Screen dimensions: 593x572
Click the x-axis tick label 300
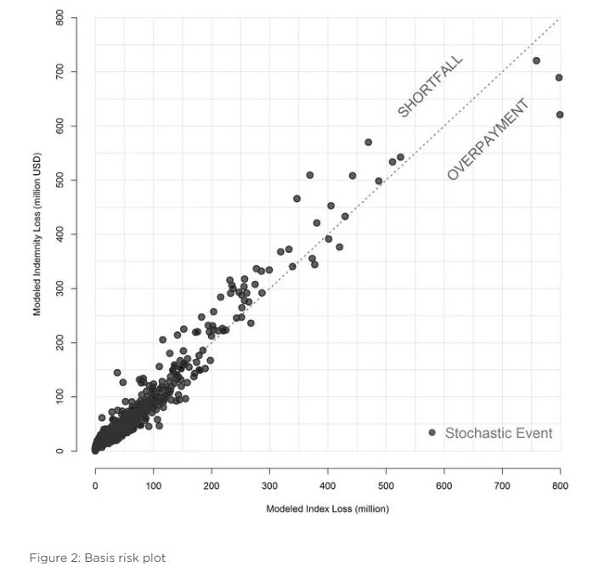(269, 485)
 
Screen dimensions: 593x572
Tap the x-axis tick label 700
(502, 485)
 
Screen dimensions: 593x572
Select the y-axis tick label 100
(59, 396)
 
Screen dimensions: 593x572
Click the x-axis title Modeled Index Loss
(328, 509)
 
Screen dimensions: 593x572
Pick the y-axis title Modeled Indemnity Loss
(37, 234)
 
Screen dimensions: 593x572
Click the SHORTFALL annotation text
(431, 87)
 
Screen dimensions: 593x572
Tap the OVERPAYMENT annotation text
(488, 139)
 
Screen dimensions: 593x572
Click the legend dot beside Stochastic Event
(432, 433)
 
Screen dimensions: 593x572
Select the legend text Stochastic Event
(499, 433)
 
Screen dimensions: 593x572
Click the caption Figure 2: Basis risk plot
(98, 558)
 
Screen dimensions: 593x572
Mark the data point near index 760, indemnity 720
(536, 60)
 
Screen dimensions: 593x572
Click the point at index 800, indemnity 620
(560, 115)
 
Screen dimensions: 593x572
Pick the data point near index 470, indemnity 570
(369, 142)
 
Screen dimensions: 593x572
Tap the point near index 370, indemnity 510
(310, 175)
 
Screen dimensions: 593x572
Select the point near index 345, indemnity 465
(296, 199)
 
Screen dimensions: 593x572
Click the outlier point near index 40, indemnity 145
(117, 373)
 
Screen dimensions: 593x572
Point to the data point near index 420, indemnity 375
(339, 247)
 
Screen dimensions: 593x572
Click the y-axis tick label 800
(59, 17)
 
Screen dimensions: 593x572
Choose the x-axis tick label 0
(95, 485)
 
